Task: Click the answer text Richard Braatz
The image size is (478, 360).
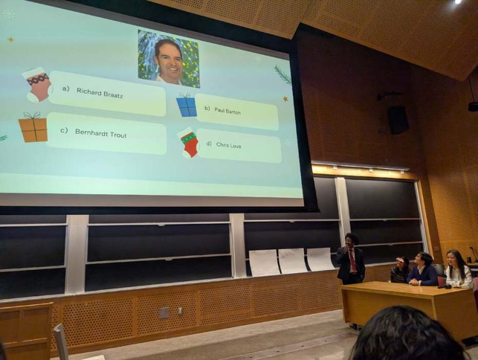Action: click(100, 92)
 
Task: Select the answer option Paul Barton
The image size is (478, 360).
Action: click(227, 111)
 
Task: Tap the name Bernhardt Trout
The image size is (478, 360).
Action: click(101, 133)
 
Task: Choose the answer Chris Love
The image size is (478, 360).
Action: click(229, 145)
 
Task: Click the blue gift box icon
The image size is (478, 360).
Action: click(187, 105)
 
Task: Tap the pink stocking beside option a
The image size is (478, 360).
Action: click(37, 84)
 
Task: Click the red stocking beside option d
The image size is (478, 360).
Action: click(189, 143)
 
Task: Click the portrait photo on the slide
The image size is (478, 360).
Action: click(169, 59)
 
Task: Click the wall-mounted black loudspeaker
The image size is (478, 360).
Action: click(398, 120)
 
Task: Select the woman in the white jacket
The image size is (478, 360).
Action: click(458, 269)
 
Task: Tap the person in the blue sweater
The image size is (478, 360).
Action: click(422, 269)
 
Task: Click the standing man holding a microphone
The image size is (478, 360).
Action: click(351, 259)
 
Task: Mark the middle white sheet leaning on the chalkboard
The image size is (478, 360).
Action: click(292, 261)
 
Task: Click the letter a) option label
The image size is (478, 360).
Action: click(66, 89)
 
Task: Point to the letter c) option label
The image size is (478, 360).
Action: click(64, 131)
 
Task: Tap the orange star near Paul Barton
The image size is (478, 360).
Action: click(286, 99)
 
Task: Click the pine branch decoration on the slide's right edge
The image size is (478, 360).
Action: click(283, 74)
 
